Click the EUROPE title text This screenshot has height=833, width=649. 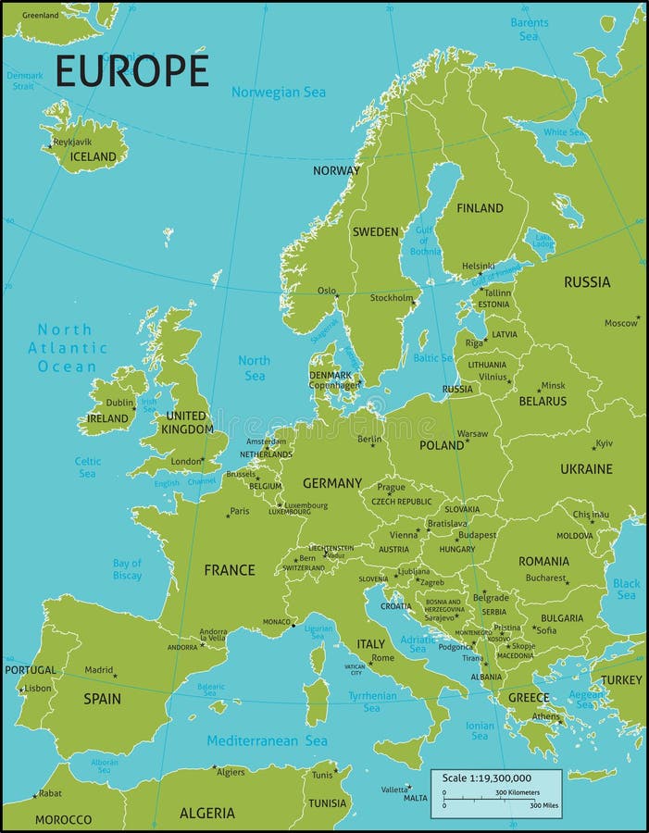(132, 70)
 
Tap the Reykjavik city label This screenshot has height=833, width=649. (72, 142)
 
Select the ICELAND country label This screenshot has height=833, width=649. (94, 157)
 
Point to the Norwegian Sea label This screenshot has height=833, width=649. (279, 92)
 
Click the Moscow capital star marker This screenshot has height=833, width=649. (638, 317)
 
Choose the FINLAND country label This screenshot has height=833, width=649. (481, 208)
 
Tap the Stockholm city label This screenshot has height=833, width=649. (390, 298)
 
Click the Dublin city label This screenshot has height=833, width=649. (119, 403)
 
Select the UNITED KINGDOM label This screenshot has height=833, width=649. (187, 423)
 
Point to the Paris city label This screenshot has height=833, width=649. (240, 511)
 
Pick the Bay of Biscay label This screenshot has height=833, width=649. (127, 569)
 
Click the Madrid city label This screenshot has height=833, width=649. (98, 670)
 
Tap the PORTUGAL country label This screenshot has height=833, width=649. (31, 670)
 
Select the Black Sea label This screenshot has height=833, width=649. (626, 590)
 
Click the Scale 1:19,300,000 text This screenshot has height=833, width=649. (486, 778)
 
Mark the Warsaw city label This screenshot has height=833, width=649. (472, 433)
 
